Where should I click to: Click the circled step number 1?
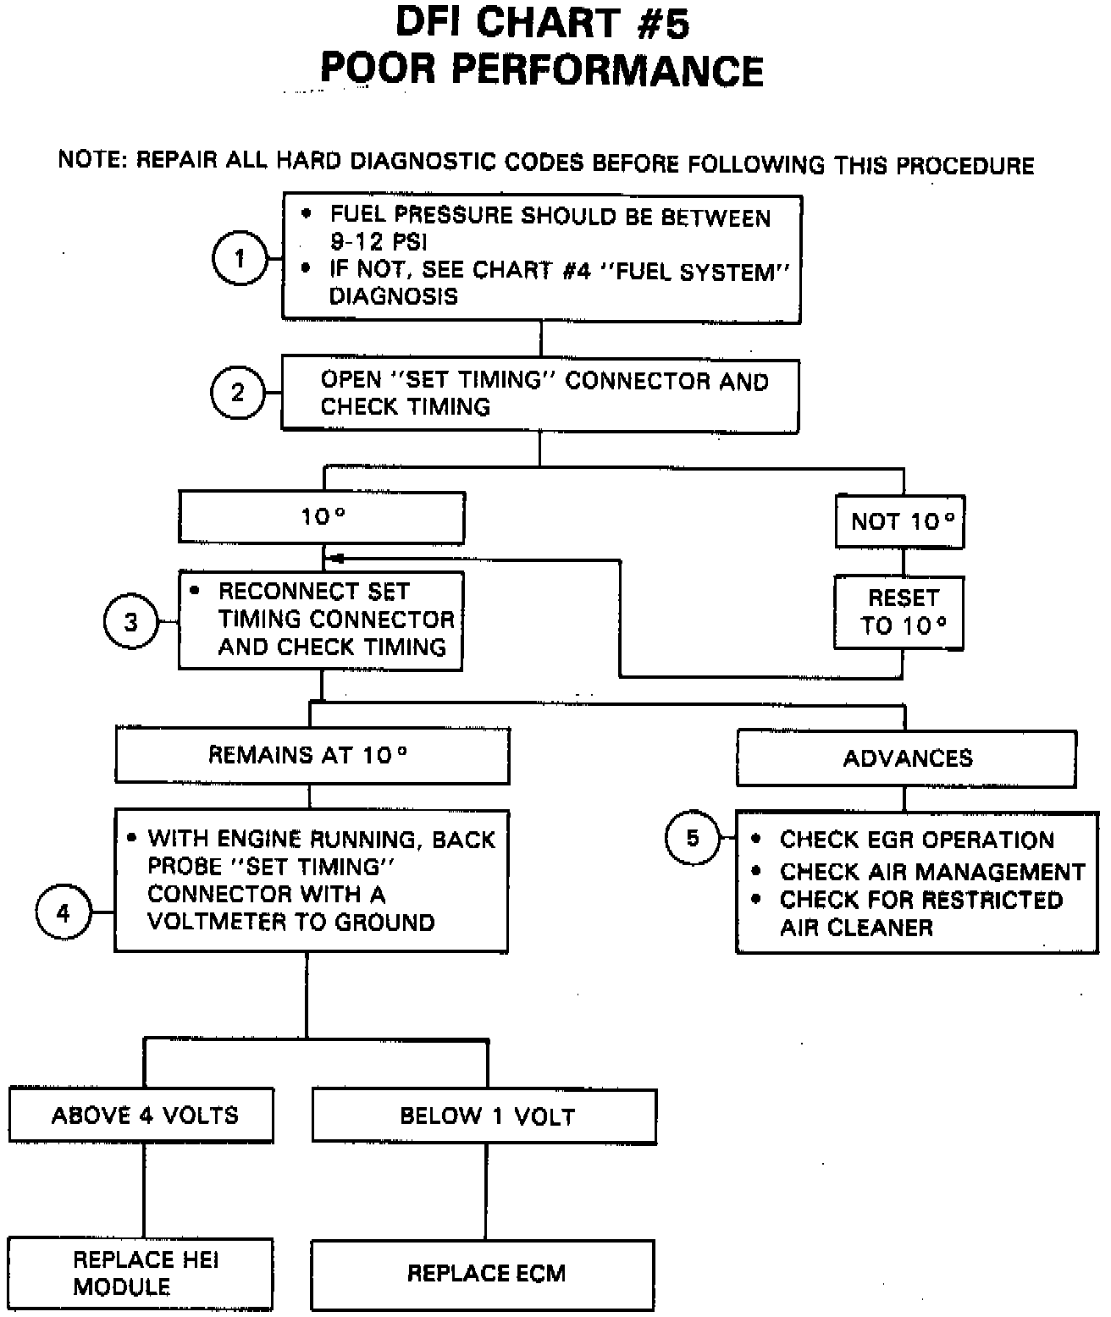click(x=240, y=258)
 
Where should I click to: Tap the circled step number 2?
click(x=238, y=392)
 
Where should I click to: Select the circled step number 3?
click(x=131, y=623)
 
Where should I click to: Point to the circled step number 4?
click(x=64, y=913)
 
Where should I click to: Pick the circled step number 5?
click(x=693, y=838)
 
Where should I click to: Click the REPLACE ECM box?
click(x=484, y=1274)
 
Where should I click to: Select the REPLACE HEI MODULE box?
click(x=141, y=1274)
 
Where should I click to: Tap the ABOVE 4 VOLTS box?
click(x=142, y=1116)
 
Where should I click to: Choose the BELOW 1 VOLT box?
click(x=485, y=1116)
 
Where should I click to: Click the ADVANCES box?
click(x=906, y=758)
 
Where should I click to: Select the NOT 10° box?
click(x=900, y=521)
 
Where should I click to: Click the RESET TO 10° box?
click(x=899, y=612)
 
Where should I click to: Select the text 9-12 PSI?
click(x=379, y=243)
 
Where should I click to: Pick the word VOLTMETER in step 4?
click(x=214, y=922)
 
